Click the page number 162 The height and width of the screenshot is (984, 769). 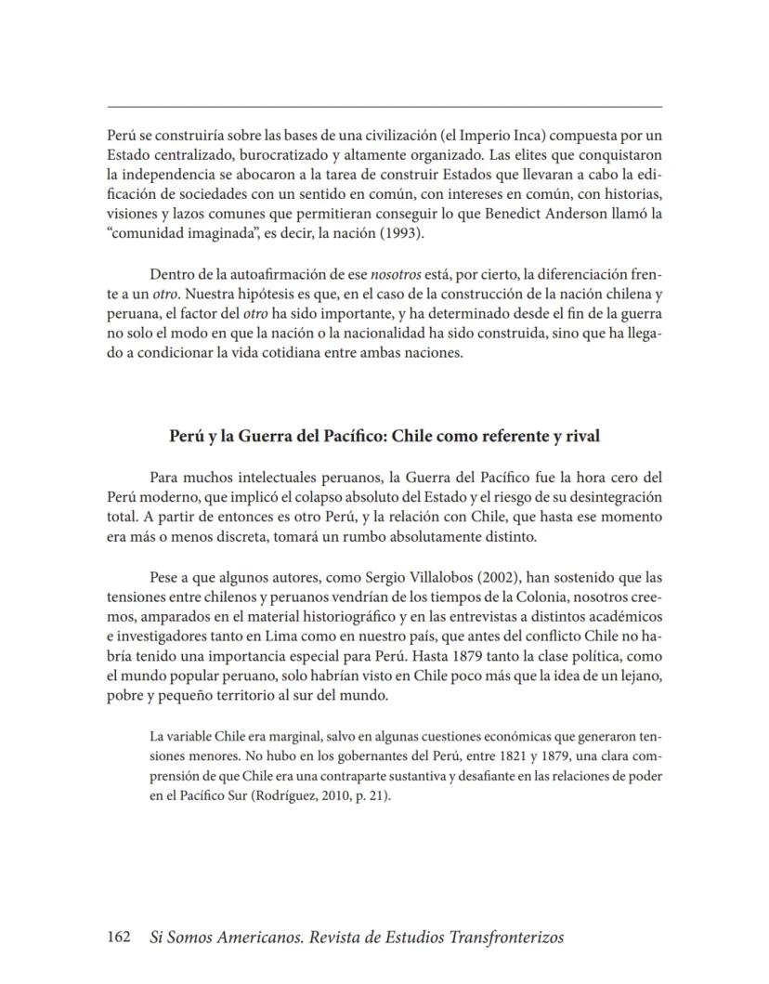click(120, 938)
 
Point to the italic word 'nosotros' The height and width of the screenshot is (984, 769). click(395, 274)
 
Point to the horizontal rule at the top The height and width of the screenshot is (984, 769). click(384, 107)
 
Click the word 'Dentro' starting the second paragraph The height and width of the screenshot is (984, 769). click(170, 274)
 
